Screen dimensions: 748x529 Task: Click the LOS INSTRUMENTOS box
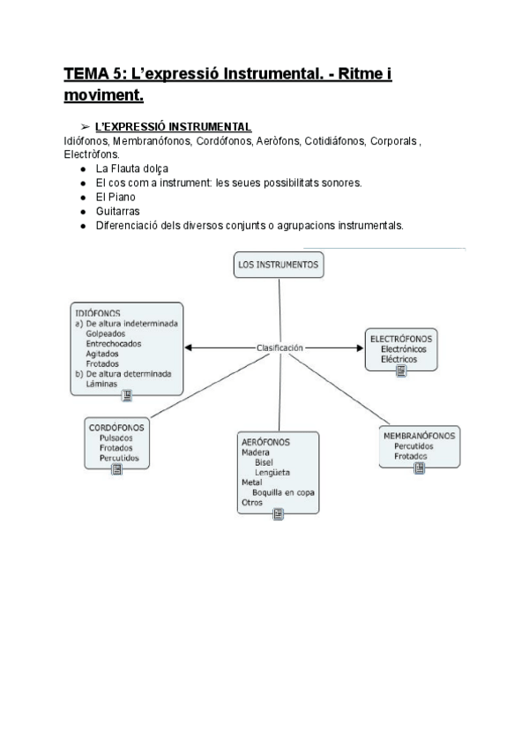point(279,265)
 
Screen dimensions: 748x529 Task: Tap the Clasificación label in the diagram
point(279,348)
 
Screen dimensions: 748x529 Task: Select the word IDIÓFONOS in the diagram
point(98,313)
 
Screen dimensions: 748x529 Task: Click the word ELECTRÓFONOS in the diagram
point(401,339)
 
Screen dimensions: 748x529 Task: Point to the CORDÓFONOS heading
point(117,427)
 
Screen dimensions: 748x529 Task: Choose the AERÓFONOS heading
point(265,441)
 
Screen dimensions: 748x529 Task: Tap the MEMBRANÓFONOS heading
point(420,436)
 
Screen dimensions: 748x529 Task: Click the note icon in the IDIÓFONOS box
point(127,396)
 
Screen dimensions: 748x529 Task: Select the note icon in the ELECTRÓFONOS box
point(401,371)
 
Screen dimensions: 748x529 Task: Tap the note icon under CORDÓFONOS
point(117,470)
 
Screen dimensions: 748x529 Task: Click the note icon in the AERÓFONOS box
point(279,514)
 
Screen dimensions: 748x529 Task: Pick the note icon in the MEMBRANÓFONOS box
point(419,468)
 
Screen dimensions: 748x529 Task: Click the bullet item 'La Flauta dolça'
point(131,168)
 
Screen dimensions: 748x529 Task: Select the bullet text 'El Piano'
point(116,197)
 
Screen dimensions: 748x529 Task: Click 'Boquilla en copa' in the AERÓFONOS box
point(284,492)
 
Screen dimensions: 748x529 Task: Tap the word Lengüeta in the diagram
point(273,472)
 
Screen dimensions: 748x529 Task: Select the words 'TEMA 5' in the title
point(93,75)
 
